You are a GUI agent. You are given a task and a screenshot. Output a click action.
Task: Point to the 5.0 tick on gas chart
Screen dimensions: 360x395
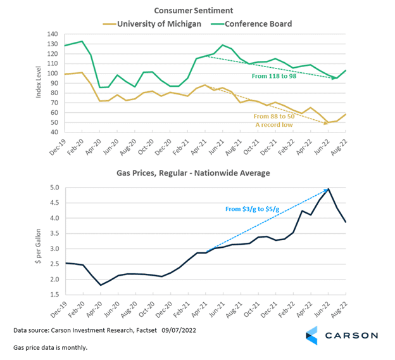(x=53, y=188)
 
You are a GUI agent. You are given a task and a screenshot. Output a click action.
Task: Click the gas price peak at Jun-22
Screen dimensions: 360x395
(x=329, y=189)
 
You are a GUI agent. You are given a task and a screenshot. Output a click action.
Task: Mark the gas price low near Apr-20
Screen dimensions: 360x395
(x=101, y=285)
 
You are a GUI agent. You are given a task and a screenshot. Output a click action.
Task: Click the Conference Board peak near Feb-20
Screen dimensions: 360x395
(x=82, y=42)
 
